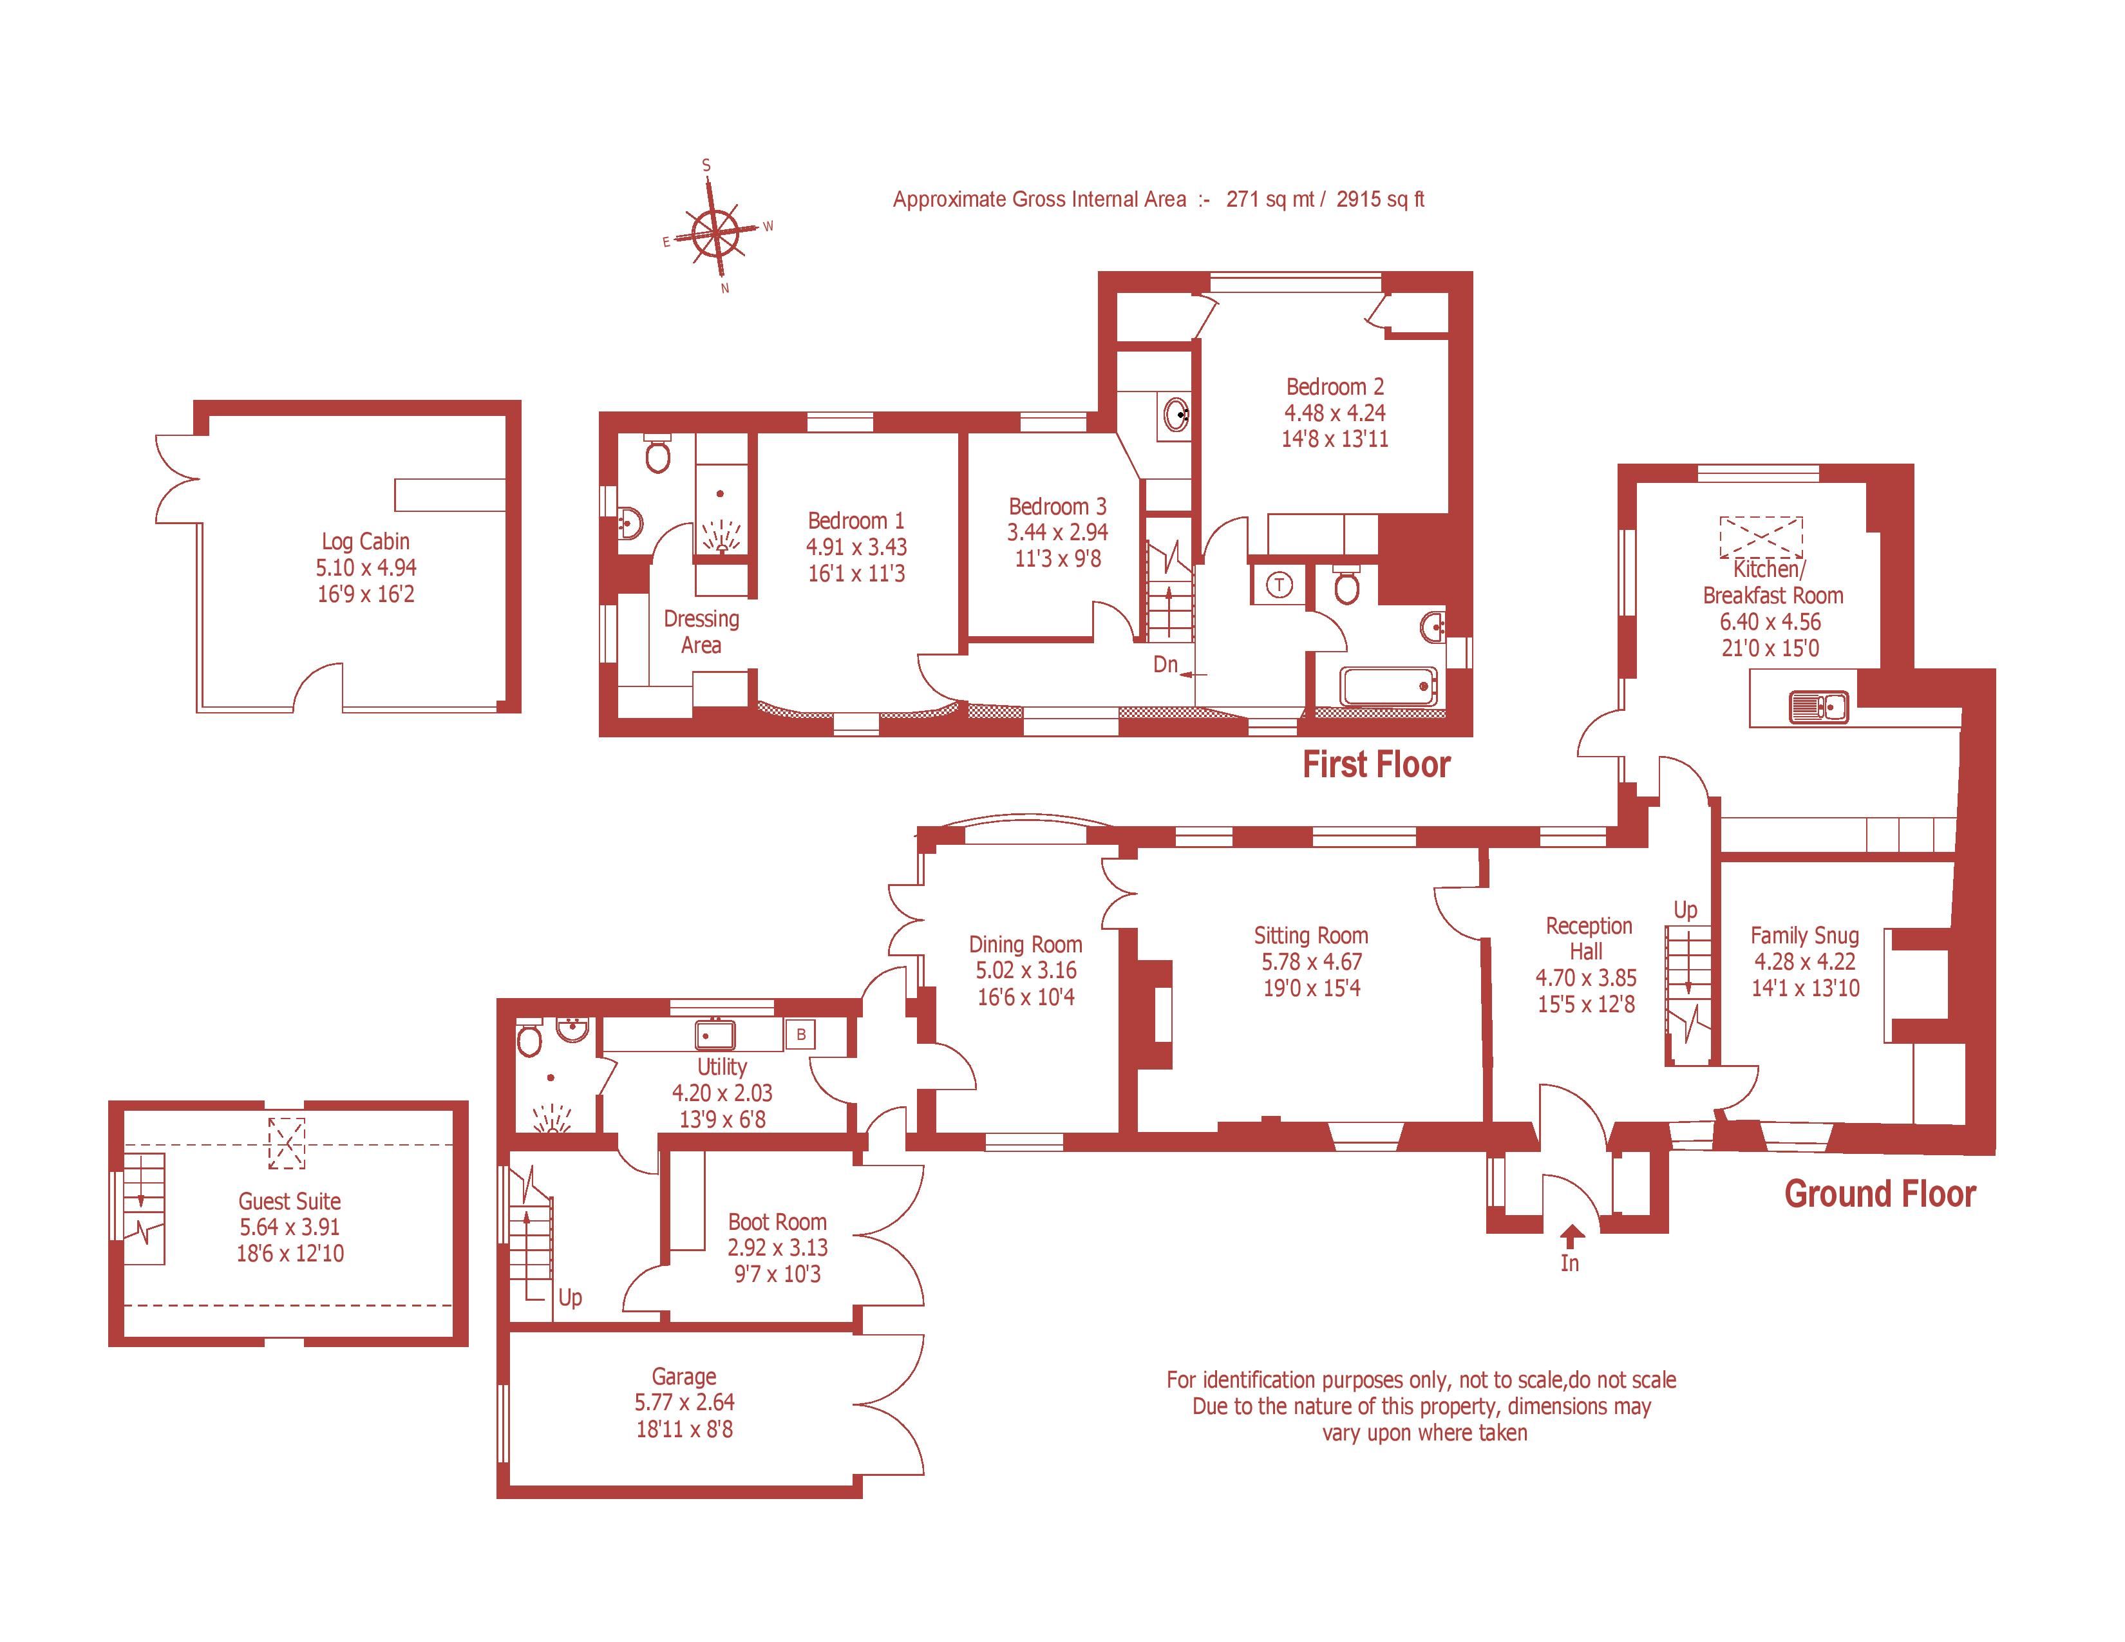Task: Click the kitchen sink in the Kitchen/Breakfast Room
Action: [1818, 706]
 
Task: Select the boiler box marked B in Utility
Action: [801, 1034]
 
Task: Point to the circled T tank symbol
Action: [1280, 585]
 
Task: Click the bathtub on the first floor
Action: [1388, 687]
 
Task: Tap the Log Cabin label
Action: [366, 542]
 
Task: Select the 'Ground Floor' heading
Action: [1879, 1194]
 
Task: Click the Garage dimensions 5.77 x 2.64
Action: [684, 1402]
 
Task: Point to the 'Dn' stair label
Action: [1165, 665]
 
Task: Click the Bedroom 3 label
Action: [1057, 506]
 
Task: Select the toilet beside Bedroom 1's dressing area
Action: [657, 454]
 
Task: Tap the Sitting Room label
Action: [1310, 936]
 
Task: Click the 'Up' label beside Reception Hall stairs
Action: [1685, 909]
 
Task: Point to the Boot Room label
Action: [777, 1222]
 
